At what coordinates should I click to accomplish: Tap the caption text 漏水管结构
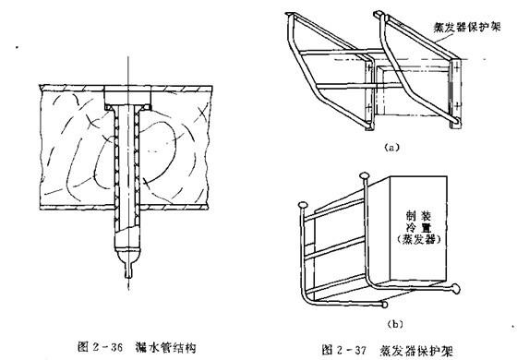[x=166, y=347]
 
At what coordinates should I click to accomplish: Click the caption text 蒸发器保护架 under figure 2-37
[x=416, y=350]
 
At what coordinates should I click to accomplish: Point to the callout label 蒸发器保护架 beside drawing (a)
[x=467, y=27]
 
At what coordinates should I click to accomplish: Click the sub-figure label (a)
[x=391, y=147]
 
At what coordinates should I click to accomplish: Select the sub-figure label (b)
[x=395, y=324]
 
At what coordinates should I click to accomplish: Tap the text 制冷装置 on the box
[x=419, y=222]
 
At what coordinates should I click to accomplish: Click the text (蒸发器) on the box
[x=419, y=239]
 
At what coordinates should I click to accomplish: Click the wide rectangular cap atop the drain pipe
[x=128, y=95]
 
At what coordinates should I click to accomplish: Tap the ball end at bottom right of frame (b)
[x=455, y=288]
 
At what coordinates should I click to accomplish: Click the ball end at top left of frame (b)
[x=303, y=205]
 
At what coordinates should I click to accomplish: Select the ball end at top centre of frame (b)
[x=364, y=175]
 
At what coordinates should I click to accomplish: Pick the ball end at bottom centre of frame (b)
[x=384, y=305]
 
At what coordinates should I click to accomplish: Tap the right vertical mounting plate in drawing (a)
[x=456, y=93]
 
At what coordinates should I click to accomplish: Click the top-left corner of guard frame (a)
[x=286, y=14]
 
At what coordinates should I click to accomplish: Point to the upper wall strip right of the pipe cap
[x=182, y=88]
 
